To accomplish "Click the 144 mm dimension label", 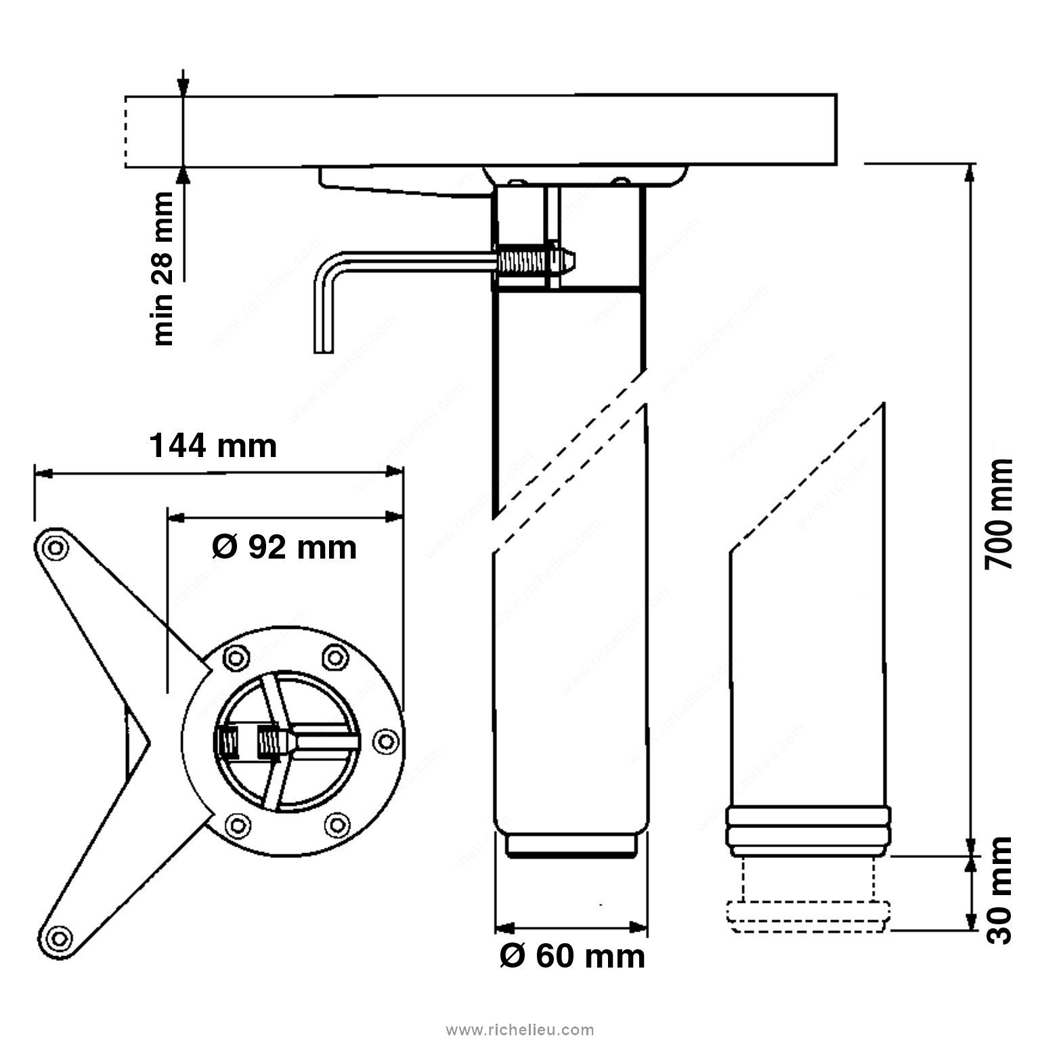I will click(213, 447).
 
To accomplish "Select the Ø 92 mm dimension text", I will click(284, 547).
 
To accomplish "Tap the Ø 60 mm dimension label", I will click(572, 956).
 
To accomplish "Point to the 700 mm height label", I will click(998, 515).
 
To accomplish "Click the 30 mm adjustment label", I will click(998, 890).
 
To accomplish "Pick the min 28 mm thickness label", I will click(163, 268).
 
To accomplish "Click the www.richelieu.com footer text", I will click(520, 1031).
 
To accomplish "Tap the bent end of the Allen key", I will click(324, 305).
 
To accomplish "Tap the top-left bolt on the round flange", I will click(234, 657).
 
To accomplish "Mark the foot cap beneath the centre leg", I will click(573, 845).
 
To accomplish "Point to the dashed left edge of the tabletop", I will click(125, 131).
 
